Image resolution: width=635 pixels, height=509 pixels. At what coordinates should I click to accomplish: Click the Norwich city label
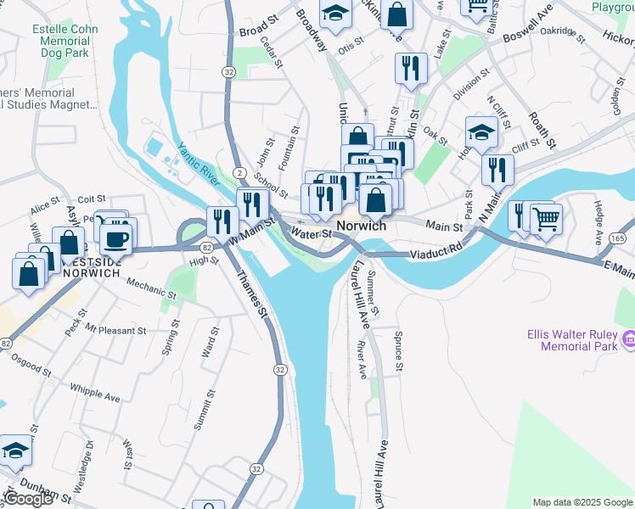tap(362, 227)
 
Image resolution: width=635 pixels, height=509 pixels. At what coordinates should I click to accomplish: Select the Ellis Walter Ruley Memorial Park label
tap(574, 339)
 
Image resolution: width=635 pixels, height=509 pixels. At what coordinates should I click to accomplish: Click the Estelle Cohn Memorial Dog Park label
tap(65, 41)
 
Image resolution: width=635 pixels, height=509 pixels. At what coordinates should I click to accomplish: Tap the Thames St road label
tap(252, 294)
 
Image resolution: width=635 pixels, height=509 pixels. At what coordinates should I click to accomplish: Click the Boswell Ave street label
tap(527, 32)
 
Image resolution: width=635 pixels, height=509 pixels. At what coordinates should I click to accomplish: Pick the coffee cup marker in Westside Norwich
tap(115, 238)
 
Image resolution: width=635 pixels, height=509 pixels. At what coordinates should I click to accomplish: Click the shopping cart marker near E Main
tap(546, 219)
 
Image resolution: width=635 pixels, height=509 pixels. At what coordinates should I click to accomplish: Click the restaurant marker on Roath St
tap(496, 169)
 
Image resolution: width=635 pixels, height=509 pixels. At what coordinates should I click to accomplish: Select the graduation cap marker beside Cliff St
tap(481, 132)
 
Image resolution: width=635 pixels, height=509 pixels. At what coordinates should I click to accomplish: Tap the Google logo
tap(28, 499)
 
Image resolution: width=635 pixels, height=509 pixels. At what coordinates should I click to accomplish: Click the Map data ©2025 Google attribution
tap(582, 502)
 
